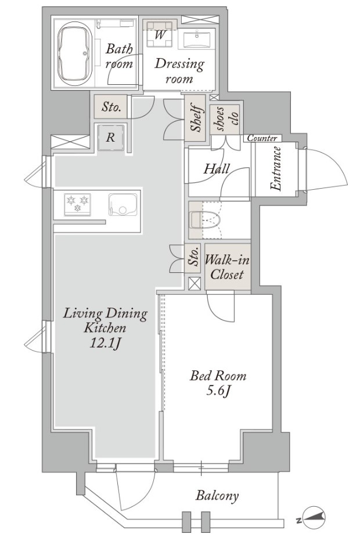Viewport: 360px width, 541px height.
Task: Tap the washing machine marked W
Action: pos(160,34)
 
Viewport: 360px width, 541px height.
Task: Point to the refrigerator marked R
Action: pos(110,138)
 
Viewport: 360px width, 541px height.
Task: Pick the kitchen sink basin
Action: pos(123,204)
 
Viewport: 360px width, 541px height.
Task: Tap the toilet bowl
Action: pos(204,220)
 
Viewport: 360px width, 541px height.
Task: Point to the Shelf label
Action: pos(196,118)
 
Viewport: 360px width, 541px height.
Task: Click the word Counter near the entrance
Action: pos(262,138)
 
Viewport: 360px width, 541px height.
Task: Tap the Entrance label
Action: pos(276,169)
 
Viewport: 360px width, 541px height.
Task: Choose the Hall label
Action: pos(217,169)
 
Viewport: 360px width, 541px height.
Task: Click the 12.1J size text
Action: pos(105,343)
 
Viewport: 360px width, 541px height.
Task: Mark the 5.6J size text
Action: pos(218,391)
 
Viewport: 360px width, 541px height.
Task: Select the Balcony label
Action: pos(217,496)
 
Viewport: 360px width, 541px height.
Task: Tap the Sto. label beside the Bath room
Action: pos(111,107)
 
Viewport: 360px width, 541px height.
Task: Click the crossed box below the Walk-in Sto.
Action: pos(195,284)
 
